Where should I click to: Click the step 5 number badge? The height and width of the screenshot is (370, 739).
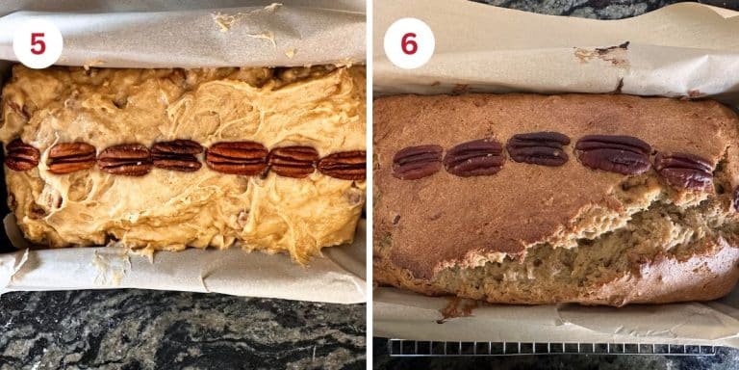(38, 43)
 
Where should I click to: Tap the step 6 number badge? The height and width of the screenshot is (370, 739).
(408, 43)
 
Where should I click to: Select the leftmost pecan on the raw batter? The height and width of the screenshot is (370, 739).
(21, 155)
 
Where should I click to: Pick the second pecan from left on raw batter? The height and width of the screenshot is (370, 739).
(71, 157)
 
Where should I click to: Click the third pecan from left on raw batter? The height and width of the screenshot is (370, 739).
(124, 159)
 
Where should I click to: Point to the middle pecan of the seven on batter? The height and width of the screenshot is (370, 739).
(177, 155)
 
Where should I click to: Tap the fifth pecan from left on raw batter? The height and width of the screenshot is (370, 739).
(237, 158)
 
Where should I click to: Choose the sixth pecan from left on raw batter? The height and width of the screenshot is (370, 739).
(293, 161)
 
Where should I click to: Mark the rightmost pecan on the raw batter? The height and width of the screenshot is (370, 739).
(343, 165)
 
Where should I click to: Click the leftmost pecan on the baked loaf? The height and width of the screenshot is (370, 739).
(417, 162)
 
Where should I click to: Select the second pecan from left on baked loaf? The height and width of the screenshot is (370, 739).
(473, 158)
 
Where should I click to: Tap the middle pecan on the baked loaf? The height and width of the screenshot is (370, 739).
(539, 148)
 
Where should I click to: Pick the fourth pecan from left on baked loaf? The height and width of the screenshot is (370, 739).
(613, 153)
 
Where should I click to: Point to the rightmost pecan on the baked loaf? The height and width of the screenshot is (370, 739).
(684, 171)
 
